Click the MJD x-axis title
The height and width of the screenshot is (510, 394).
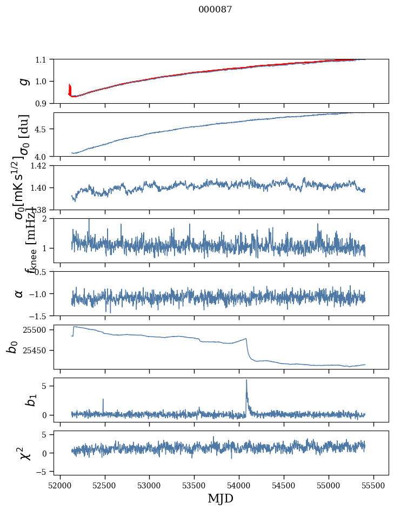click(221, 498)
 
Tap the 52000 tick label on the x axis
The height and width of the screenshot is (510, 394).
click(60, 484)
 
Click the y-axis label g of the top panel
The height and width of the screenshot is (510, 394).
click(23, 81)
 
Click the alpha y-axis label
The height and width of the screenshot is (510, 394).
click(19, 293)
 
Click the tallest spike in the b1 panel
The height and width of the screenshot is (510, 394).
click(246, 380)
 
